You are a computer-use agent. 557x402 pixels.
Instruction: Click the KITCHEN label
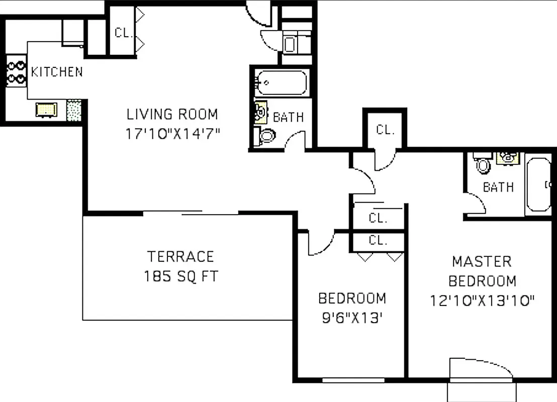click(x=57, y=72)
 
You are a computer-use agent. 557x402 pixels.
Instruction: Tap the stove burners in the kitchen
click(x=16, y=72)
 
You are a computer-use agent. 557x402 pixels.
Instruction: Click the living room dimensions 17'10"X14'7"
click(x=172, y=134)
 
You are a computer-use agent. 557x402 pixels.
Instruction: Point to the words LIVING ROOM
click(x=172, y=115)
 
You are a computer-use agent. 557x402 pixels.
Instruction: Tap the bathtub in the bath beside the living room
click(x=282, y=83)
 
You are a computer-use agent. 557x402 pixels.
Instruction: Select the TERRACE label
click(x=180, y=257)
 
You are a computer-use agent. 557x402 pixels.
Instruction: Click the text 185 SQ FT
click(x=180, y=276)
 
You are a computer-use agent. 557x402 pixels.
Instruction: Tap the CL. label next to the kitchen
click(x=123, y=33)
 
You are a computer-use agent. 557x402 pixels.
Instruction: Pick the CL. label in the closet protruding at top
click(x=385, y=130)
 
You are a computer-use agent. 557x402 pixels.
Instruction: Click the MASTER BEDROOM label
click(x=482, y=271)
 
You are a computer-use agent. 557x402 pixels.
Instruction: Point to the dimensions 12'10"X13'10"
click(x=482, y=300)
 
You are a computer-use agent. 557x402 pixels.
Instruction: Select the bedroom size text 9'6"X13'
click(x=352, y=318)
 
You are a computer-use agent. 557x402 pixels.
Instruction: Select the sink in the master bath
click(x=508, y=158)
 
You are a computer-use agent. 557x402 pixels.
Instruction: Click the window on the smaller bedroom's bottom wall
click(x=353, y=380)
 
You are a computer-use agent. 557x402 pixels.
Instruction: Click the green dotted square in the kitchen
click(x=74, y=110)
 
